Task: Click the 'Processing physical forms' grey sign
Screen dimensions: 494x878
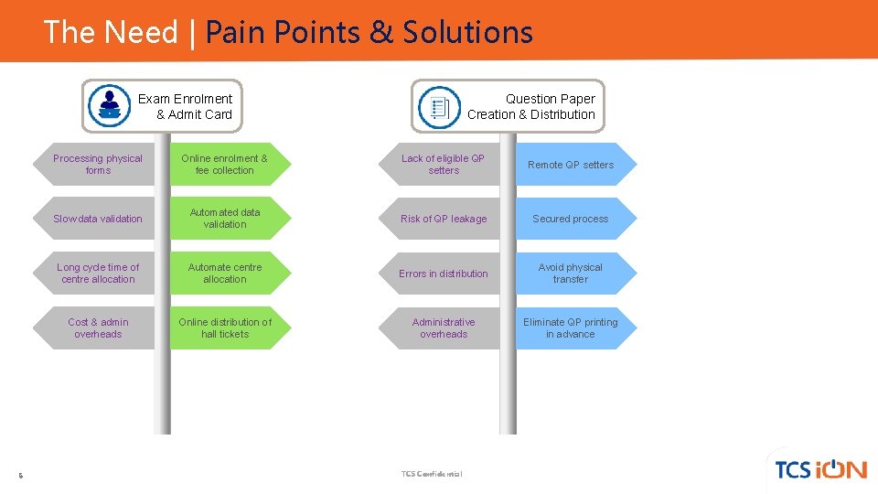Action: point(98,165)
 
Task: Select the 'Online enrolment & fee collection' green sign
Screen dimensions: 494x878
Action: point(225,165)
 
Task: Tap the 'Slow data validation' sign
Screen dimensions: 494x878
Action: point(98,219)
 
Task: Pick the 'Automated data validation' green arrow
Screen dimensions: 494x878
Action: point(225,219)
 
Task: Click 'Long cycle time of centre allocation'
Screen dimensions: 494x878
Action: point(98,274)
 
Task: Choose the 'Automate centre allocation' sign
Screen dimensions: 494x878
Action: point(225,274)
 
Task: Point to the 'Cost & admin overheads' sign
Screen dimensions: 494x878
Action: point(98,328)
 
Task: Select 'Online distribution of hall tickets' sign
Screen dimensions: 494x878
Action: point(225,328)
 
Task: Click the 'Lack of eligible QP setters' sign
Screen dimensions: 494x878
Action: point(444,165)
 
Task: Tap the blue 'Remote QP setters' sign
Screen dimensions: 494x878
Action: point(571,165)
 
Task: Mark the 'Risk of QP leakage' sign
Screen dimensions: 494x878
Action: point(444,219)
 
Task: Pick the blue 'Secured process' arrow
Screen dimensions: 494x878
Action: point(571,219)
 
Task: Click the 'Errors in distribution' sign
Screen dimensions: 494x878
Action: point(444,274)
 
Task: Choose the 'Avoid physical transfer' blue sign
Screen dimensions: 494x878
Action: point(571,274)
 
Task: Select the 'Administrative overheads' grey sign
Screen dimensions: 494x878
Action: point(444,328)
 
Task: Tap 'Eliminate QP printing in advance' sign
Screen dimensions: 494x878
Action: point(571,328)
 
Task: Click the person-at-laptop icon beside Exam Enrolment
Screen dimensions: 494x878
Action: point(110,106)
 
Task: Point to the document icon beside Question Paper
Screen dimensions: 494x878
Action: point(439,107)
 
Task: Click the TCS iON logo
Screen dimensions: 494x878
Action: point(819,469)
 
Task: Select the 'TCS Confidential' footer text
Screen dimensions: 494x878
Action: point(432,474)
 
